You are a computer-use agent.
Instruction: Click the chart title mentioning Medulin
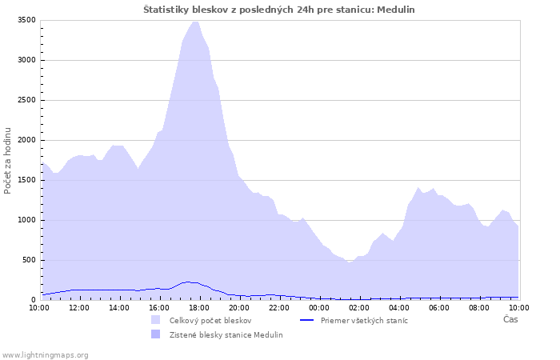point(279,10)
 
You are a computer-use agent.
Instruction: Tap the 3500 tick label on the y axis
point(26,20)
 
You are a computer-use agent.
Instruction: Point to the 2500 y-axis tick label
point(26,100)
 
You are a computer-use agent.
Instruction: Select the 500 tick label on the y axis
point(29,260)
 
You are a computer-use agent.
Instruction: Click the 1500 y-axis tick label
point(26,180)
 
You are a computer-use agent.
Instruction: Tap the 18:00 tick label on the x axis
point(199,308)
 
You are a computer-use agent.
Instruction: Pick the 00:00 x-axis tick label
point(319,308)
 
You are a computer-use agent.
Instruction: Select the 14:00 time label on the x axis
point(119,308)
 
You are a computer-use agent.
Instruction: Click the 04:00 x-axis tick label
point(399,308)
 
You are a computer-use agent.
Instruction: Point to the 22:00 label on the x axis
point(279,308)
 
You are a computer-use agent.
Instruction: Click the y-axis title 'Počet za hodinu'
point(7,161)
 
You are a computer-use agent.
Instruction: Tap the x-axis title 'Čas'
point(510,319)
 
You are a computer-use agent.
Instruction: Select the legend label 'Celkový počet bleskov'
point(210,321)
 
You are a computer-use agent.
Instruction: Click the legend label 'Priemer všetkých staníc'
point(364,321)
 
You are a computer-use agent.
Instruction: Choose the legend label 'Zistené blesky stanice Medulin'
point(226,335)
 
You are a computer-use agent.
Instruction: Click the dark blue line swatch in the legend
point(306,320)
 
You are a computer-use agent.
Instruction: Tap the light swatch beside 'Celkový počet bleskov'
point(156,320)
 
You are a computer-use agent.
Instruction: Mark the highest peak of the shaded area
point(195,22)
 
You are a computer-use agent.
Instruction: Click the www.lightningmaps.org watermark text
point(45,355)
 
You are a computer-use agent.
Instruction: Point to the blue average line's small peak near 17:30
point(188,282)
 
